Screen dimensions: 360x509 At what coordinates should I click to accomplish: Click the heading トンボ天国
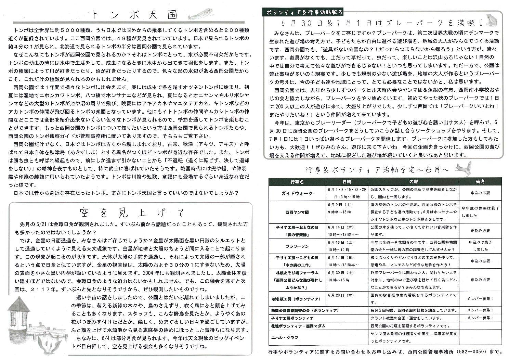coord(135,15)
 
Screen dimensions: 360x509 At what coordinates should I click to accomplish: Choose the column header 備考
coord(480,182)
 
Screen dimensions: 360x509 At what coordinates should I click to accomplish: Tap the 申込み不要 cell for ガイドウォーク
coord(480,193)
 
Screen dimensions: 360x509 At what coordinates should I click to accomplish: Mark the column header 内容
coord(413,182)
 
